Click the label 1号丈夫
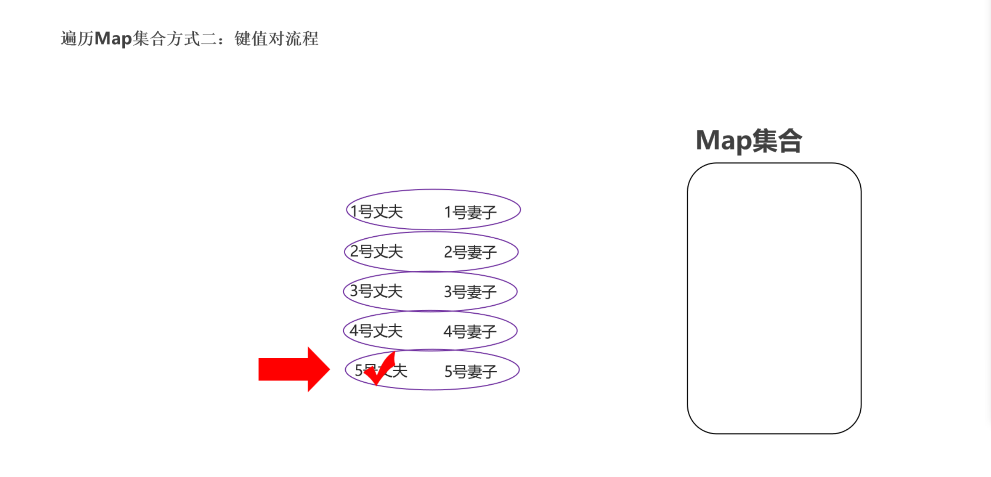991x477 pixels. point(376,211)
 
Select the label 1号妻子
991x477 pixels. point(470,212)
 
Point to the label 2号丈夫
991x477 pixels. point(376,252)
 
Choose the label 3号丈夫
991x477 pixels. point(376,291)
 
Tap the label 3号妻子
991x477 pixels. point(470,292)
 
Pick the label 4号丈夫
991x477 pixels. point(376,331)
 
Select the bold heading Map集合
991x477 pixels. point(748,141)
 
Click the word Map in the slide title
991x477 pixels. point(113,39)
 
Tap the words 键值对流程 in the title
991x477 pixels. point(276,39)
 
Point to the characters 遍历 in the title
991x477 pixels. point(77,39)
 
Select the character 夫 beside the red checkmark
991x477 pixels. point(400,371)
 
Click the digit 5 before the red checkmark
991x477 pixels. point(359,370)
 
